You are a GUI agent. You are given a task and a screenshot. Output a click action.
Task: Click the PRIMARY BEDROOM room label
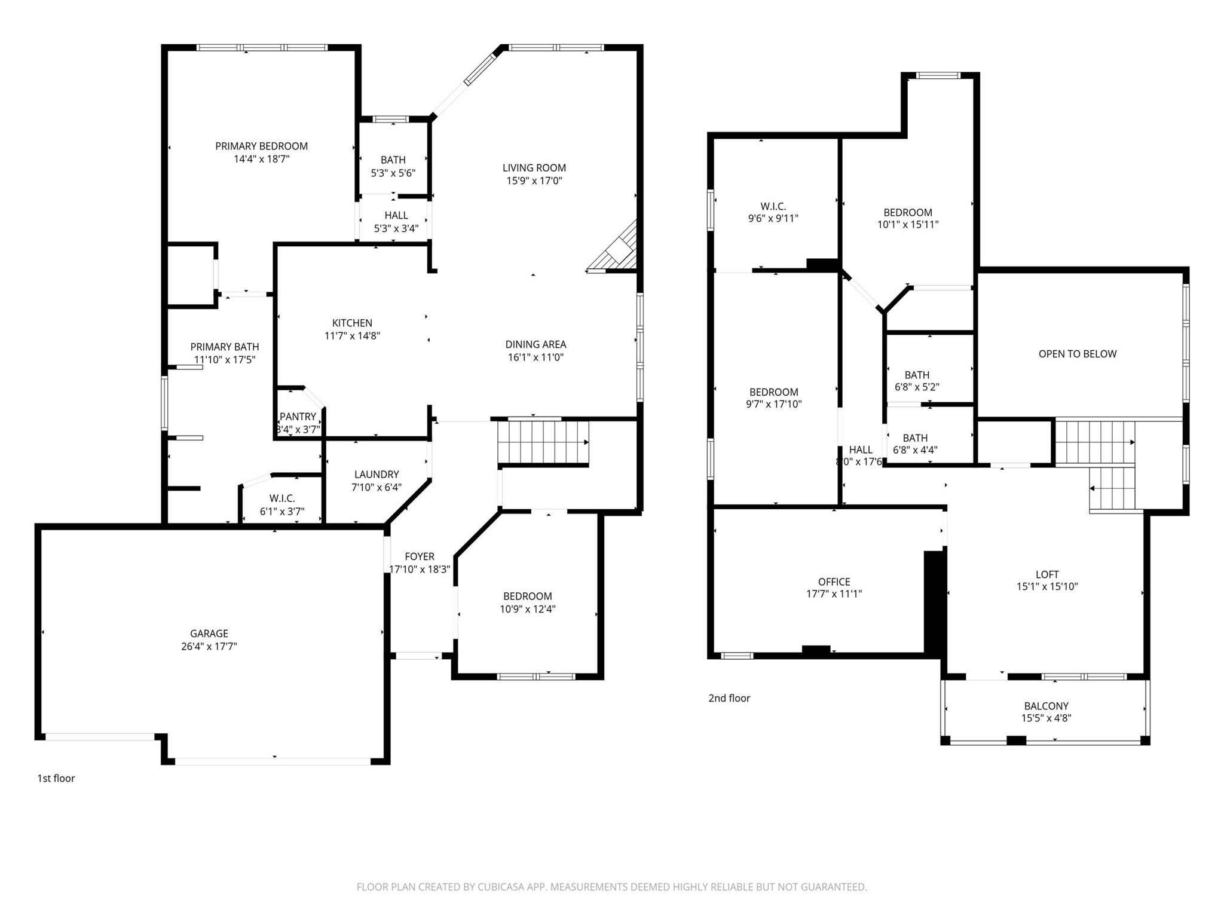coord(261,146)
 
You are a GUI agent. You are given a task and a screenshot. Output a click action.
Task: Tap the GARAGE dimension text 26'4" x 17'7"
coord(209,646)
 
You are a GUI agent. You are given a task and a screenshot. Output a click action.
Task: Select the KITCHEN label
coord(352,323)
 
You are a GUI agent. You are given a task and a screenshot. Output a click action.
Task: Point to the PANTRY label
coord(298,417)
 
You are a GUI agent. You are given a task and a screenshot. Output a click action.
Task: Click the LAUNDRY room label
coord(377,474)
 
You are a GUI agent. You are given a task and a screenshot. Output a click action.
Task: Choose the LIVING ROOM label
coord(534,168)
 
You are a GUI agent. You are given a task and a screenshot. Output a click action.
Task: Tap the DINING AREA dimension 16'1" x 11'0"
coord(535,357)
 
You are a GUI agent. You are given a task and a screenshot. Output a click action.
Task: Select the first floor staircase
coord(543,442)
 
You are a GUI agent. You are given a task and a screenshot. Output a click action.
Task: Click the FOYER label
coord(420,556)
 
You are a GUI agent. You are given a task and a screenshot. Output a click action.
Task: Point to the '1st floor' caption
coord(56,778)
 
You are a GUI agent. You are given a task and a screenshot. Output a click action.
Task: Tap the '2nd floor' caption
coord(729,698)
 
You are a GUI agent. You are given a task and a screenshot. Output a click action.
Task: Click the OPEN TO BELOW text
coord(1078,354)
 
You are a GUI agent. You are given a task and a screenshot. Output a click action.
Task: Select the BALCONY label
coord(1046,706)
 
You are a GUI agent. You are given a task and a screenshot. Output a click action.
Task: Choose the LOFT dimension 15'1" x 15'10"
coord(1047,587)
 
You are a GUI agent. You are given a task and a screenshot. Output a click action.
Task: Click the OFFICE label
coord(834,582)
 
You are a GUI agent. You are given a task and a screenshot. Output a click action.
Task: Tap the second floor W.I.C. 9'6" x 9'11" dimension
coord(773,219)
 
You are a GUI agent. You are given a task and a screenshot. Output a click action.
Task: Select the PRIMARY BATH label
coord(225,347)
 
